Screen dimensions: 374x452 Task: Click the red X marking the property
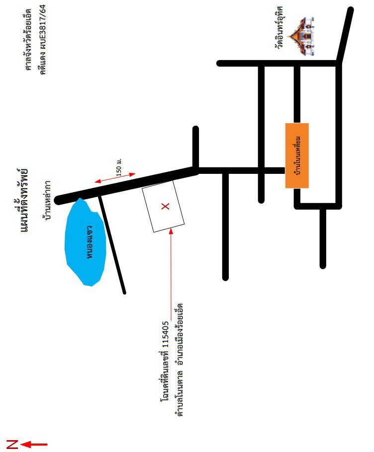pyautogui.click(x=165, y=206)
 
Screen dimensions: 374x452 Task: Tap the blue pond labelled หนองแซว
pyautogui.click(x=85, y=242)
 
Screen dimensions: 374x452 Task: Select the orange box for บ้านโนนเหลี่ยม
pyautogui.click(x=297, y=155)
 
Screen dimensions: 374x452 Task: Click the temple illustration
pyautogui.click(x=301, y=36)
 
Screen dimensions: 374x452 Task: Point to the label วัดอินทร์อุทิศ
pyautogui.click(x=280, y=27)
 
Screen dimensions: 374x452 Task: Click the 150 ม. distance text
pyautogui.click(x=119, y=167)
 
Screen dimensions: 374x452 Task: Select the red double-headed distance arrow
pyautogui.click(x=115, y=178)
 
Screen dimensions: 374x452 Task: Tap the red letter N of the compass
pyautogui.click(x=12, y=444)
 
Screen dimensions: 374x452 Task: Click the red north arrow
pyautogui.click(x=34, y=445)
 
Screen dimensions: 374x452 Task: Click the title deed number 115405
pyautogui.click(x=165, y=334)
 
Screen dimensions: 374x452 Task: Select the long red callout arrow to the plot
pyautogui.click(x=171, y=274)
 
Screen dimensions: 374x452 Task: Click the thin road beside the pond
pyautogui.click(x=112, y=244)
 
